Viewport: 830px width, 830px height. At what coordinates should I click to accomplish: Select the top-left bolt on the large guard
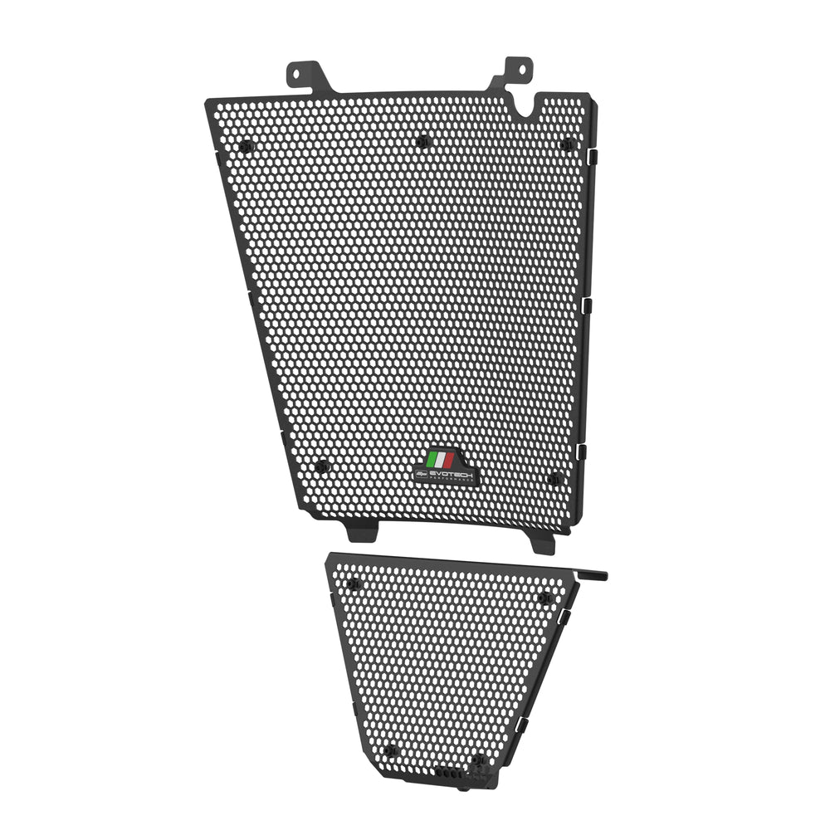click(245, 146)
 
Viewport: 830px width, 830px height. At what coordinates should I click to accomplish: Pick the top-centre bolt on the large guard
click(422, 141)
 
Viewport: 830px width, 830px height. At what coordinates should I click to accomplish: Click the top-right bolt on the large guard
click(566, 144)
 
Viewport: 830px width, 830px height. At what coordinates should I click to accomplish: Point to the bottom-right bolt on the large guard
click(554, 479)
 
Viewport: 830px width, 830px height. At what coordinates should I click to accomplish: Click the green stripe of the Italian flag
click(432, 459)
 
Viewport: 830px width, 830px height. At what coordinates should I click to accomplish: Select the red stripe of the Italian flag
click(449, 459)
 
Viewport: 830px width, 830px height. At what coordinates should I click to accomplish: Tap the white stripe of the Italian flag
click(440, 459)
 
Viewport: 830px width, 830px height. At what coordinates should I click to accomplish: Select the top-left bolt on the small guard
click(354, 584)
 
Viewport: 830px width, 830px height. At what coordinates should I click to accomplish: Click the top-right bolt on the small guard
click(544, 598)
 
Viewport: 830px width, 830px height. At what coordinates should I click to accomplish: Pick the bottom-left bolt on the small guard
click(393, 751)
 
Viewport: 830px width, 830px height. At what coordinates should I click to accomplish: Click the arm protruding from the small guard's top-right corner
click(593, 574)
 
